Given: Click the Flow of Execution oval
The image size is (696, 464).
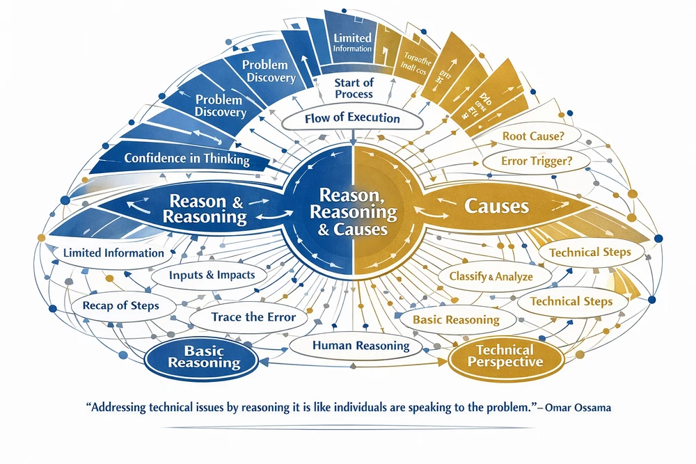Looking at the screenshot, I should [352, 118].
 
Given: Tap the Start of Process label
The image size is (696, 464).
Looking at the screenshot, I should [353, 88].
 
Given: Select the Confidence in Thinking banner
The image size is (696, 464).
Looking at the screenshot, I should [187, 159].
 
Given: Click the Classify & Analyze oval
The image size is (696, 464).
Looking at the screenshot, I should [491, 276].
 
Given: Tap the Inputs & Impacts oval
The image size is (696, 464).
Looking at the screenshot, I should [212, 275].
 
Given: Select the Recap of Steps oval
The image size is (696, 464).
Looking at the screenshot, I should [120, 305].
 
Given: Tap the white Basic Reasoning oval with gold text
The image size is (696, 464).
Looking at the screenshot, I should [456, 320].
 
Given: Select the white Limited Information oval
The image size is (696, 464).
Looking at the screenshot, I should [113, 253].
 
